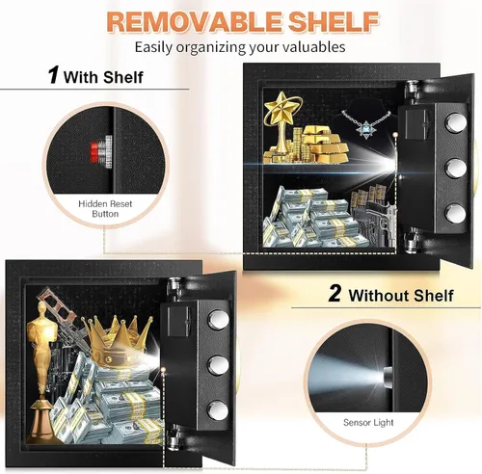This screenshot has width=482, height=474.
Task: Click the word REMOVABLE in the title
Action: (x=194, y=21)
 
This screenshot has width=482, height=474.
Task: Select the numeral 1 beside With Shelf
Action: (x=53, y=75)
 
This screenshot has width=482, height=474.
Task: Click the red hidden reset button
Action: (x=94, y=152)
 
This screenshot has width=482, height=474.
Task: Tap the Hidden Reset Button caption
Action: (x=105, y=209)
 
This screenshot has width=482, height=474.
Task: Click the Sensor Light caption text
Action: (x=368, y=422)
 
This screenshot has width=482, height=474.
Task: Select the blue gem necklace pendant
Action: (x=365, y=129)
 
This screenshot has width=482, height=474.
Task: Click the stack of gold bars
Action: (x=325, y=144)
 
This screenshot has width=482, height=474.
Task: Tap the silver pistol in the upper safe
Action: (x=383, y=220)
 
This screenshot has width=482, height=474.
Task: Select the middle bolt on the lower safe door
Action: (x=218, y=364)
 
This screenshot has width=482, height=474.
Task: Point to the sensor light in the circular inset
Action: (x=388, y=375)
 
